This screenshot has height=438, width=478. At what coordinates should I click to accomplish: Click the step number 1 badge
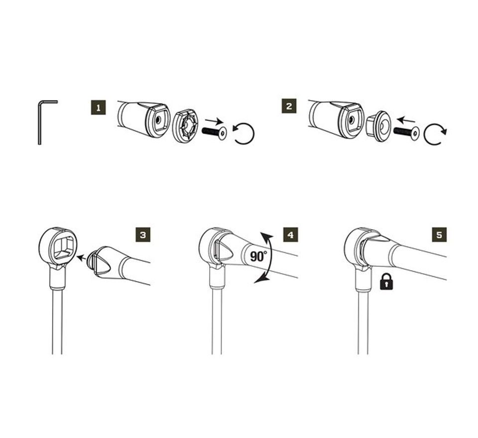[x=99, y=108]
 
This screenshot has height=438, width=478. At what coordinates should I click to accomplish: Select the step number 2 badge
[x=289, y=106]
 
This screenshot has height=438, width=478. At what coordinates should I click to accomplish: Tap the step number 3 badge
[x=143, y=234]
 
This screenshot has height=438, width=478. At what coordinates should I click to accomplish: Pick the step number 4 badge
[x=290, y=234]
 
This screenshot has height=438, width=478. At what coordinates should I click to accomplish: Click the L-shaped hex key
[x=42, y=121]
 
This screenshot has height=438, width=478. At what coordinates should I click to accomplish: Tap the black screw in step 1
[x=214, y=132]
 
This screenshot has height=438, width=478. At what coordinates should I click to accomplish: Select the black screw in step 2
[x=406, y=132]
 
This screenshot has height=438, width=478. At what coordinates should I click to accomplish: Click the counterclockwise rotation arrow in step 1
[x=244, y=133]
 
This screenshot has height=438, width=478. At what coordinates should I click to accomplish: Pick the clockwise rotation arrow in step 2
[x=435, y=133]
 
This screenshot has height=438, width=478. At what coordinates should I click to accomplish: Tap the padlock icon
[x=386, y=282]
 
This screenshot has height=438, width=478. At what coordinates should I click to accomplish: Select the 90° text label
[x=258, y=257]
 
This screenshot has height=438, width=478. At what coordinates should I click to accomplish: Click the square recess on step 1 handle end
[x=160, y=120]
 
